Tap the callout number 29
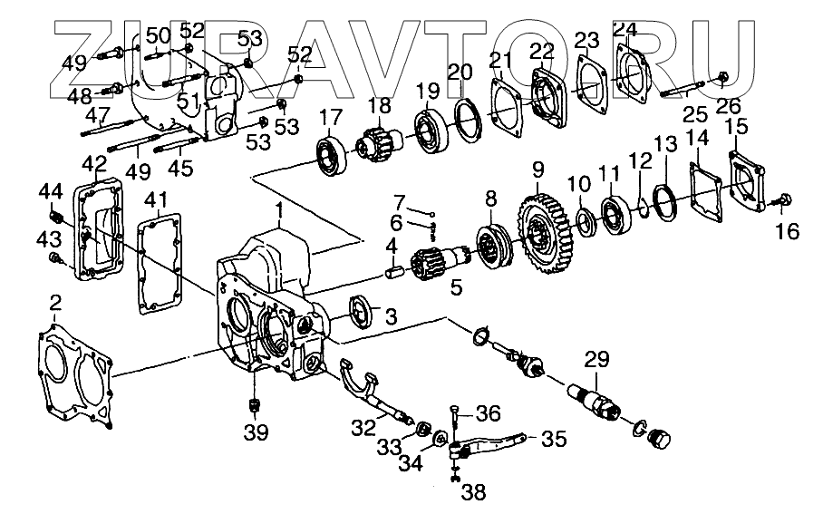click(595, 359)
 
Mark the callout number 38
click(473, 493)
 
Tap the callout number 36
click(489, 414)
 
